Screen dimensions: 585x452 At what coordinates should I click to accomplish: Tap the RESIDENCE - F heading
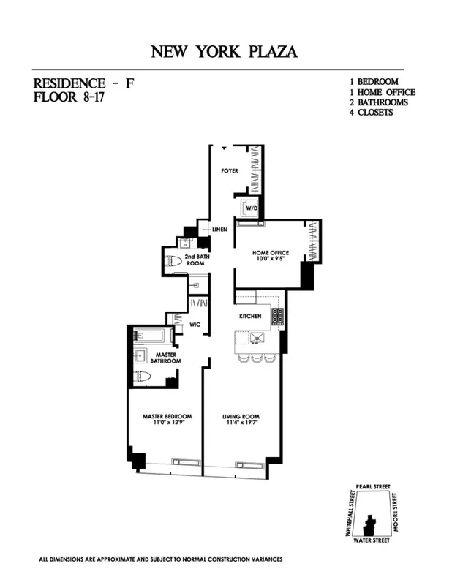click(80, 83)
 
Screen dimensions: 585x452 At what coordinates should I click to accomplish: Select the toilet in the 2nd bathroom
click(174, 261)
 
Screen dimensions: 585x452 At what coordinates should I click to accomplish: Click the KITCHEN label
click(250, 317)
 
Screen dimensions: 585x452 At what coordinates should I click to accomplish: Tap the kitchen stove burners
click(277, 317)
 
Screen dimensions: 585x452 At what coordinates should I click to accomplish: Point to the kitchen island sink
click(257, 337)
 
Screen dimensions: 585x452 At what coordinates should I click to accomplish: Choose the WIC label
click(195, 323)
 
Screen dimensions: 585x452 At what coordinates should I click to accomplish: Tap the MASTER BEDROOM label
click(166, 418)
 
